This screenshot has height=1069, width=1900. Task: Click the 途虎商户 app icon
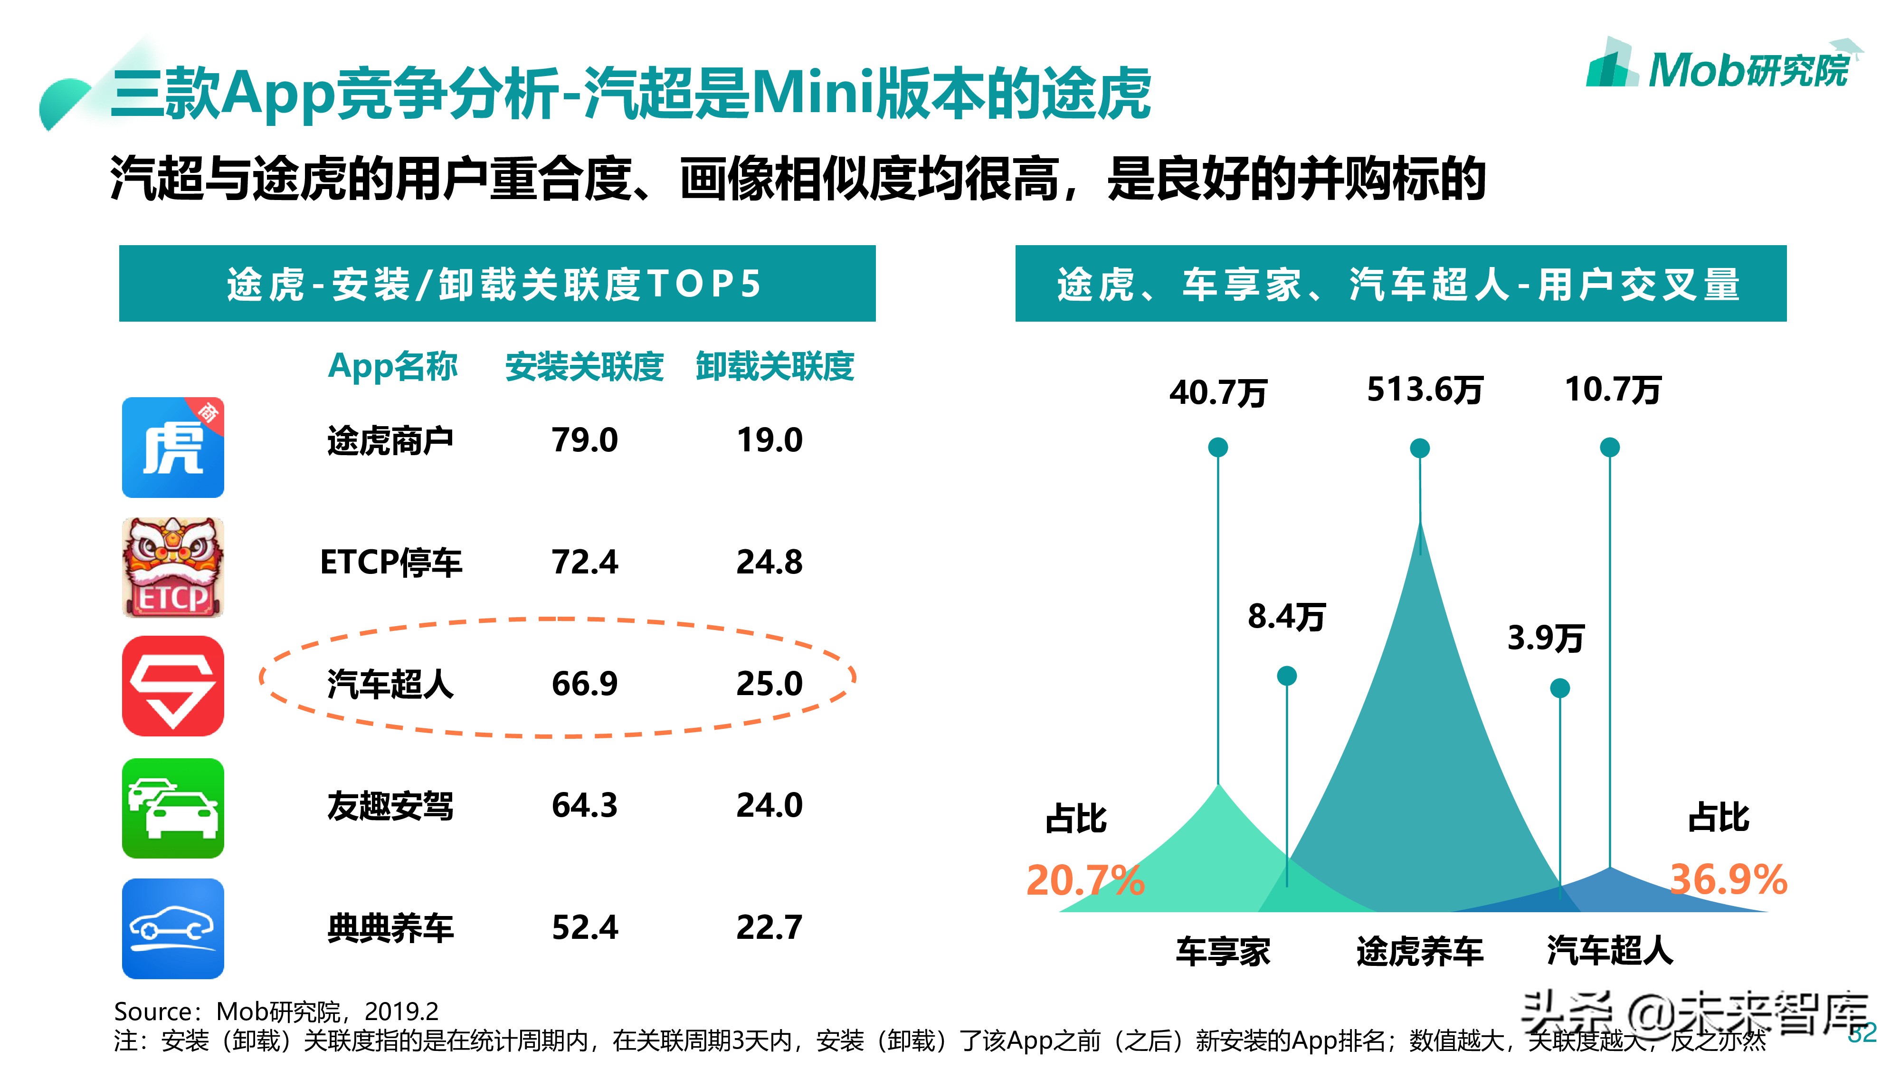coord(172,447)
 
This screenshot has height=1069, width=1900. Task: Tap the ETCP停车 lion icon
coord(172,567)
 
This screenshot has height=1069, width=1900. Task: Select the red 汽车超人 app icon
coord(172,686)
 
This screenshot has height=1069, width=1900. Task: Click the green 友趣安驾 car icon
coord(172,808)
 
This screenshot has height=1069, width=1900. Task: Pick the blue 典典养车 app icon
coord(172,928)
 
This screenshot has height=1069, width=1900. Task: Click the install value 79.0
coord(584,440)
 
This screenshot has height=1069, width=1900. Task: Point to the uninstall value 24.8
coord(769,562)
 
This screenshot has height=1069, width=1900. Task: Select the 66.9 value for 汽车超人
coord(584,684)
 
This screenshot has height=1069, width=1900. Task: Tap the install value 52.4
coord(584,927)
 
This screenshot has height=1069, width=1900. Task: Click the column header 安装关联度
coord(584,367)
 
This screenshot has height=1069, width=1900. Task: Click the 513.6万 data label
coord(1424,390)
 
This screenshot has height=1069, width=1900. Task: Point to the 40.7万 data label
coord(1218,392)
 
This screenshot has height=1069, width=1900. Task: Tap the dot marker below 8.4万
coord(1286,675)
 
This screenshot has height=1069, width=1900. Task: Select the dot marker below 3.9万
coord(1559,688)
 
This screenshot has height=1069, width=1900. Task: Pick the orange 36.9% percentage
coord(1728,879)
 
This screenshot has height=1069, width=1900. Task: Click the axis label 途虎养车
coord(1419,952)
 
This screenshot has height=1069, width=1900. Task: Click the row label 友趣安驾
coord(390,806)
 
